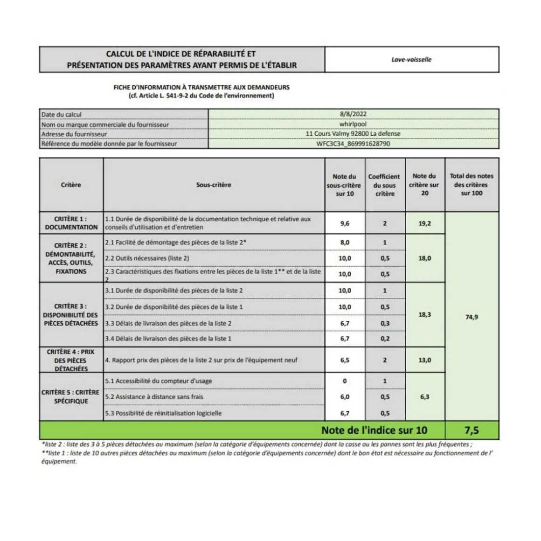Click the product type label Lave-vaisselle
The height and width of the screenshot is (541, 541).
click(411, 60)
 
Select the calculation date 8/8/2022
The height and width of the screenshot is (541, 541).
click(353, 114)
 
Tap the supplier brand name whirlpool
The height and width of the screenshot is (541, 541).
click(353, 124)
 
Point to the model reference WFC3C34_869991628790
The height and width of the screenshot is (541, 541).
click(353, 144)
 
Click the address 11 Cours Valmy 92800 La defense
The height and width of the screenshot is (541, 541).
click(353, 134)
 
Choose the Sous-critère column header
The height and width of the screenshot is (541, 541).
click(214, 185)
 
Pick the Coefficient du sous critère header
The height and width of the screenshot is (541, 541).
click(384, 185)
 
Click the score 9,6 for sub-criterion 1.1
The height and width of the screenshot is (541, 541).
click(345, 223)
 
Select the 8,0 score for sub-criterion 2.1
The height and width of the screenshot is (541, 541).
click(345, 243)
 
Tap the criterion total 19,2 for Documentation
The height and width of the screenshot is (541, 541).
click(424, 223)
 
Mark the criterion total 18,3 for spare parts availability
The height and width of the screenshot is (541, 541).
click(424, 315)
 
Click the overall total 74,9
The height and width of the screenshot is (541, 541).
click(472, 317)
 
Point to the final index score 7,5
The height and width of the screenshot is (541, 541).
click(472, 430)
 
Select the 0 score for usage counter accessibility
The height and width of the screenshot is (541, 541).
click(345, 381)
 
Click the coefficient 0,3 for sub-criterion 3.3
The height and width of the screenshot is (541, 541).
click(385, 323)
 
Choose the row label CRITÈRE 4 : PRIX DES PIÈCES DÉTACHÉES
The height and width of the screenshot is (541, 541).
click(71, 360)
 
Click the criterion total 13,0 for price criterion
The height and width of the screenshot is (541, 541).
click(424, 360)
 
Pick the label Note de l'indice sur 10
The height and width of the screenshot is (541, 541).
click(374, 430)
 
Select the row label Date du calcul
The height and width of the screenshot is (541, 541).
click(62, 114)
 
